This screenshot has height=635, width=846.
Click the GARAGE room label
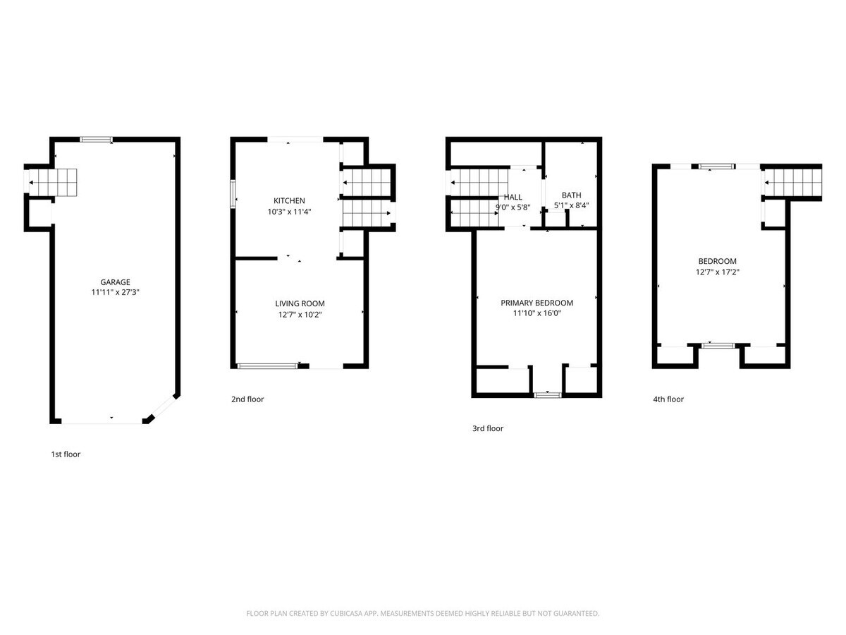point(114,282)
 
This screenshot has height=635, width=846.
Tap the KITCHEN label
point(290,201)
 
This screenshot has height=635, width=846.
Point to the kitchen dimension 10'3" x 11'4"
point(290,212)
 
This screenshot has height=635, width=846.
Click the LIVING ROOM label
point(300,303)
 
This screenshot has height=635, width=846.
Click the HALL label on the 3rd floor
point(513,198)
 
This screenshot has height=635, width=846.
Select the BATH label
point(571,195)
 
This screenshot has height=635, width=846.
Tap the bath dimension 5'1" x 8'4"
point(571,206)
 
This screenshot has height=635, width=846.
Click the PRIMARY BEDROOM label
point(537,303)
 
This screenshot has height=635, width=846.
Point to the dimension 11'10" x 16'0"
point(537,313)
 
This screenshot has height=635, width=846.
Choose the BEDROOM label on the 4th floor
point(717,261)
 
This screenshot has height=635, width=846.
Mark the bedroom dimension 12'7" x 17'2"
point(717,272)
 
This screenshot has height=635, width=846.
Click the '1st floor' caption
point(66,454)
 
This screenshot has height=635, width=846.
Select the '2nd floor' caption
point(247,399)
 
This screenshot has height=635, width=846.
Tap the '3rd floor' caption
point(488,428)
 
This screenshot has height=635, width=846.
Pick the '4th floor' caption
point(668,399)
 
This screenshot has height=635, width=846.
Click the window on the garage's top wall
point(96,140)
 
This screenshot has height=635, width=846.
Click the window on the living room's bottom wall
point(268,365)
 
